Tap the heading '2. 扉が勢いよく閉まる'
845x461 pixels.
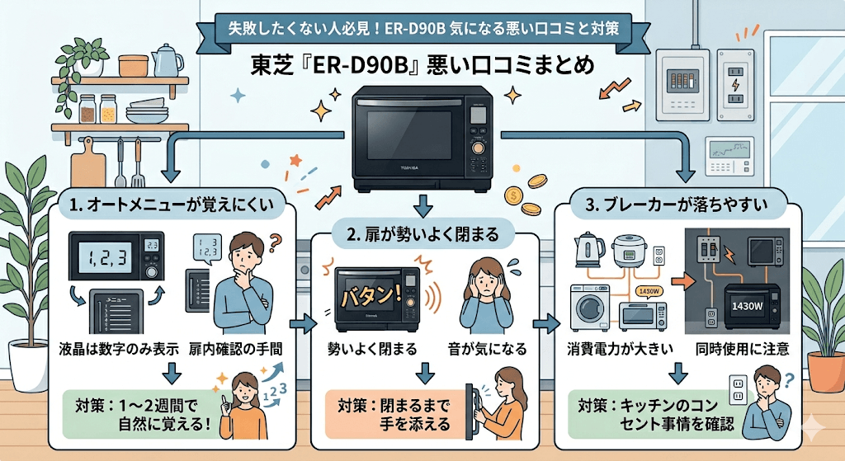(x=422, y=234)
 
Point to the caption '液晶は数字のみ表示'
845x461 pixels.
(x=120, y=348)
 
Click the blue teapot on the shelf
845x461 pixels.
(x=168, y=60)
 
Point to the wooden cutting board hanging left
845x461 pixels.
(x=87, y=161)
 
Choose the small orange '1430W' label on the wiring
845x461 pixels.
(x=649, y=292)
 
